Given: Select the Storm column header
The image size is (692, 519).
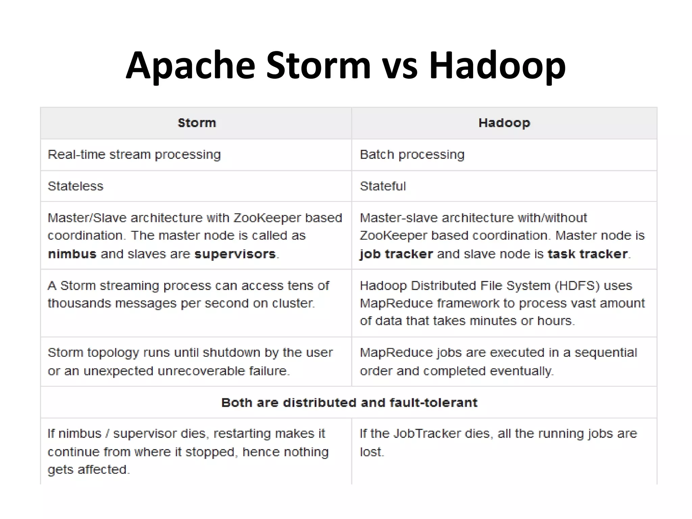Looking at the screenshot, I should (x=197, y=123).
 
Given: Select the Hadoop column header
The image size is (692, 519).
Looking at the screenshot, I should (x=504, y=123).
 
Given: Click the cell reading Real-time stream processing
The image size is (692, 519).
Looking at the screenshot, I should (x=134, y=155).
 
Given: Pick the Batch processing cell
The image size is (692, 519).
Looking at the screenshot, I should (x=412, y=155).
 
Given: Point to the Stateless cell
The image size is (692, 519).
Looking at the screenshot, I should (x=75, y=186).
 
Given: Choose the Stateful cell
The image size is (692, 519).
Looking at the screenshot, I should (x=382, y=186).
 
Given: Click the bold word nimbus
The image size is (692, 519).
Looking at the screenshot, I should (x=72, y=254).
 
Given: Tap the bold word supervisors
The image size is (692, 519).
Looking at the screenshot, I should (x=235, y=254).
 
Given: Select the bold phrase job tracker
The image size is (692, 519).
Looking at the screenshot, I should (x=396, y=254).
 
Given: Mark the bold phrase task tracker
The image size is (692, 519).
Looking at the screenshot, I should (x=588, y=254).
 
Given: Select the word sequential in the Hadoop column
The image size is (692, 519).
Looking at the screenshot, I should (x=605, y=353).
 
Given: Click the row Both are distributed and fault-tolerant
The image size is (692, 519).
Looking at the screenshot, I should (x=349, y=403).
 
